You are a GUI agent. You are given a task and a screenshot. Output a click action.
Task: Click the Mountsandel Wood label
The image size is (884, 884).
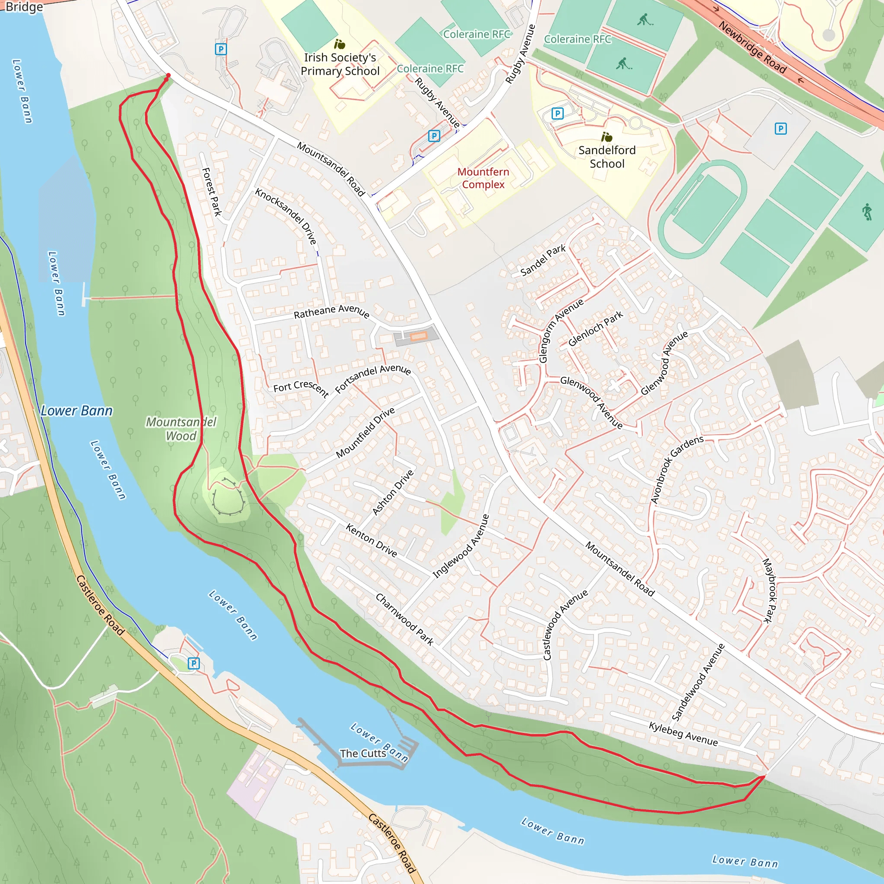(181, 428)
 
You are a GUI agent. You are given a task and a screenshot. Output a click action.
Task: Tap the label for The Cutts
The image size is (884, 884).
(363, 753)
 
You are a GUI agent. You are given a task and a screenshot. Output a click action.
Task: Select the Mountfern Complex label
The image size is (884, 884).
(483, 178)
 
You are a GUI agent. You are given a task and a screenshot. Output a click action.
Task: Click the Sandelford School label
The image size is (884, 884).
(607, 157)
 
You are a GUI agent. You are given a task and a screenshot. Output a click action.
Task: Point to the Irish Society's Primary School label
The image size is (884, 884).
(340, 64)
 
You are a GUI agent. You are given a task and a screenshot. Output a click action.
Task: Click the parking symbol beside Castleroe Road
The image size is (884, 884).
(193, 663)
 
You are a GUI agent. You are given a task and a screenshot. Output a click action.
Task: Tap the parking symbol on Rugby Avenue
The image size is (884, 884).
(434, 136)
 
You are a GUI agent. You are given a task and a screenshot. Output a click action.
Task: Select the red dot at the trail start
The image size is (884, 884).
(168, 76)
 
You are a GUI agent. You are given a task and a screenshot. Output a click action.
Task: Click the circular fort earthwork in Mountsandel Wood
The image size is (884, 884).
(227, 496)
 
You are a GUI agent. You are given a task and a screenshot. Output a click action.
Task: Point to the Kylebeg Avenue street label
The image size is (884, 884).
(683, 733)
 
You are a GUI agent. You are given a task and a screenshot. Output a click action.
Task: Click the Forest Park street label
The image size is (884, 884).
(212, 192)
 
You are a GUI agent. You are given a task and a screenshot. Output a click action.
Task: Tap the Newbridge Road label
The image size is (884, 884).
(752, 47)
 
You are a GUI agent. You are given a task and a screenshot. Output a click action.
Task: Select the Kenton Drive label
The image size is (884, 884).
(371, 540)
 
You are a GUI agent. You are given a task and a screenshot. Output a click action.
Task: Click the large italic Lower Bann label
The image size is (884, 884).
(76, 410)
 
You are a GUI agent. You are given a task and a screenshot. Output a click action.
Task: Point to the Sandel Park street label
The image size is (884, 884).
(543, 260)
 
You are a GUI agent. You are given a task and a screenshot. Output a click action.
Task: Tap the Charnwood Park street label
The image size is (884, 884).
(404, 619)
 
